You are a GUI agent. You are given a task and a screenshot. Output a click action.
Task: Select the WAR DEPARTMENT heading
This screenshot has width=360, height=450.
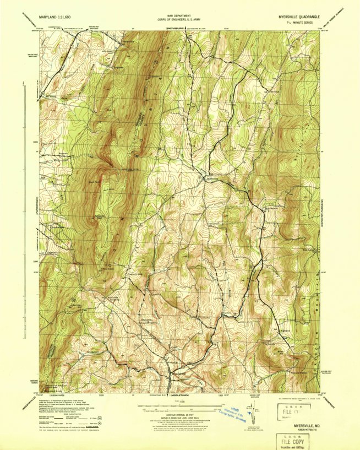tap(179, 16)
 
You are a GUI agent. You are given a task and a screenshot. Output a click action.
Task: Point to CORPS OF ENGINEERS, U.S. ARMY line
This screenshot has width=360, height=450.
tap(179, 20)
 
